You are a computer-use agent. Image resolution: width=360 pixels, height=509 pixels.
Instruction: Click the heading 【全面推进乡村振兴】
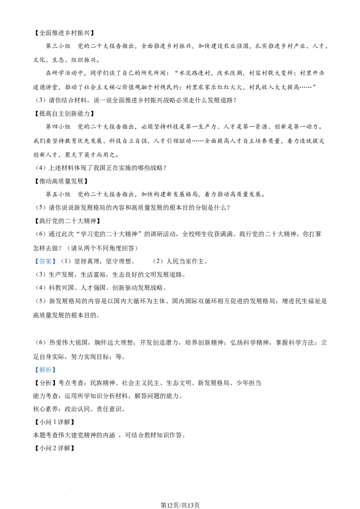click(64, 33)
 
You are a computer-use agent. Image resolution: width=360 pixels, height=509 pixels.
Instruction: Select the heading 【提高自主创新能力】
click(64, 113)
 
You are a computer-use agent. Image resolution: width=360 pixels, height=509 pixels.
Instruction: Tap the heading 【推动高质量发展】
click(61, 181)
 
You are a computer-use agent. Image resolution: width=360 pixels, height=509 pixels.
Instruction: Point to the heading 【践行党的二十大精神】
click(67, 221)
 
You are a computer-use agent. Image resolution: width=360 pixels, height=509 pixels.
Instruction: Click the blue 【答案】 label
click(45, 261)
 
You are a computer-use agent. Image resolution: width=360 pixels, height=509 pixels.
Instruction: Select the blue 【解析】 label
click(45, 370)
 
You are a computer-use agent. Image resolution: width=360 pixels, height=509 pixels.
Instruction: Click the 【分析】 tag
click(45, 383)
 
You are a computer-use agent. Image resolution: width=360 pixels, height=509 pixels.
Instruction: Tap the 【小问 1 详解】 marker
click(54, 422)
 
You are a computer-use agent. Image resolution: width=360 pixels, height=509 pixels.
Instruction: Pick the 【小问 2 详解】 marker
click(54, 448)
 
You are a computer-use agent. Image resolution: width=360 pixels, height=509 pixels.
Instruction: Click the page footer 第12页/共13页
click(180, 505)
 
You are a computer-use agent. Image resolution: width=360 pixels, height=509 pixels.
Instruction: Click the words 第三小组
click(58, 46)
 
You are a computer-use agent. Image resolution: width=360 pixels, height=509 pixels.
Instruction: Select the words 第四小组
click(58, 127)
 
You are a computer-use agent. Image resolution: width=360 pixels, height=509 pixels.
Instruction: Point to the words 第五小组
click(58, 194)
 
